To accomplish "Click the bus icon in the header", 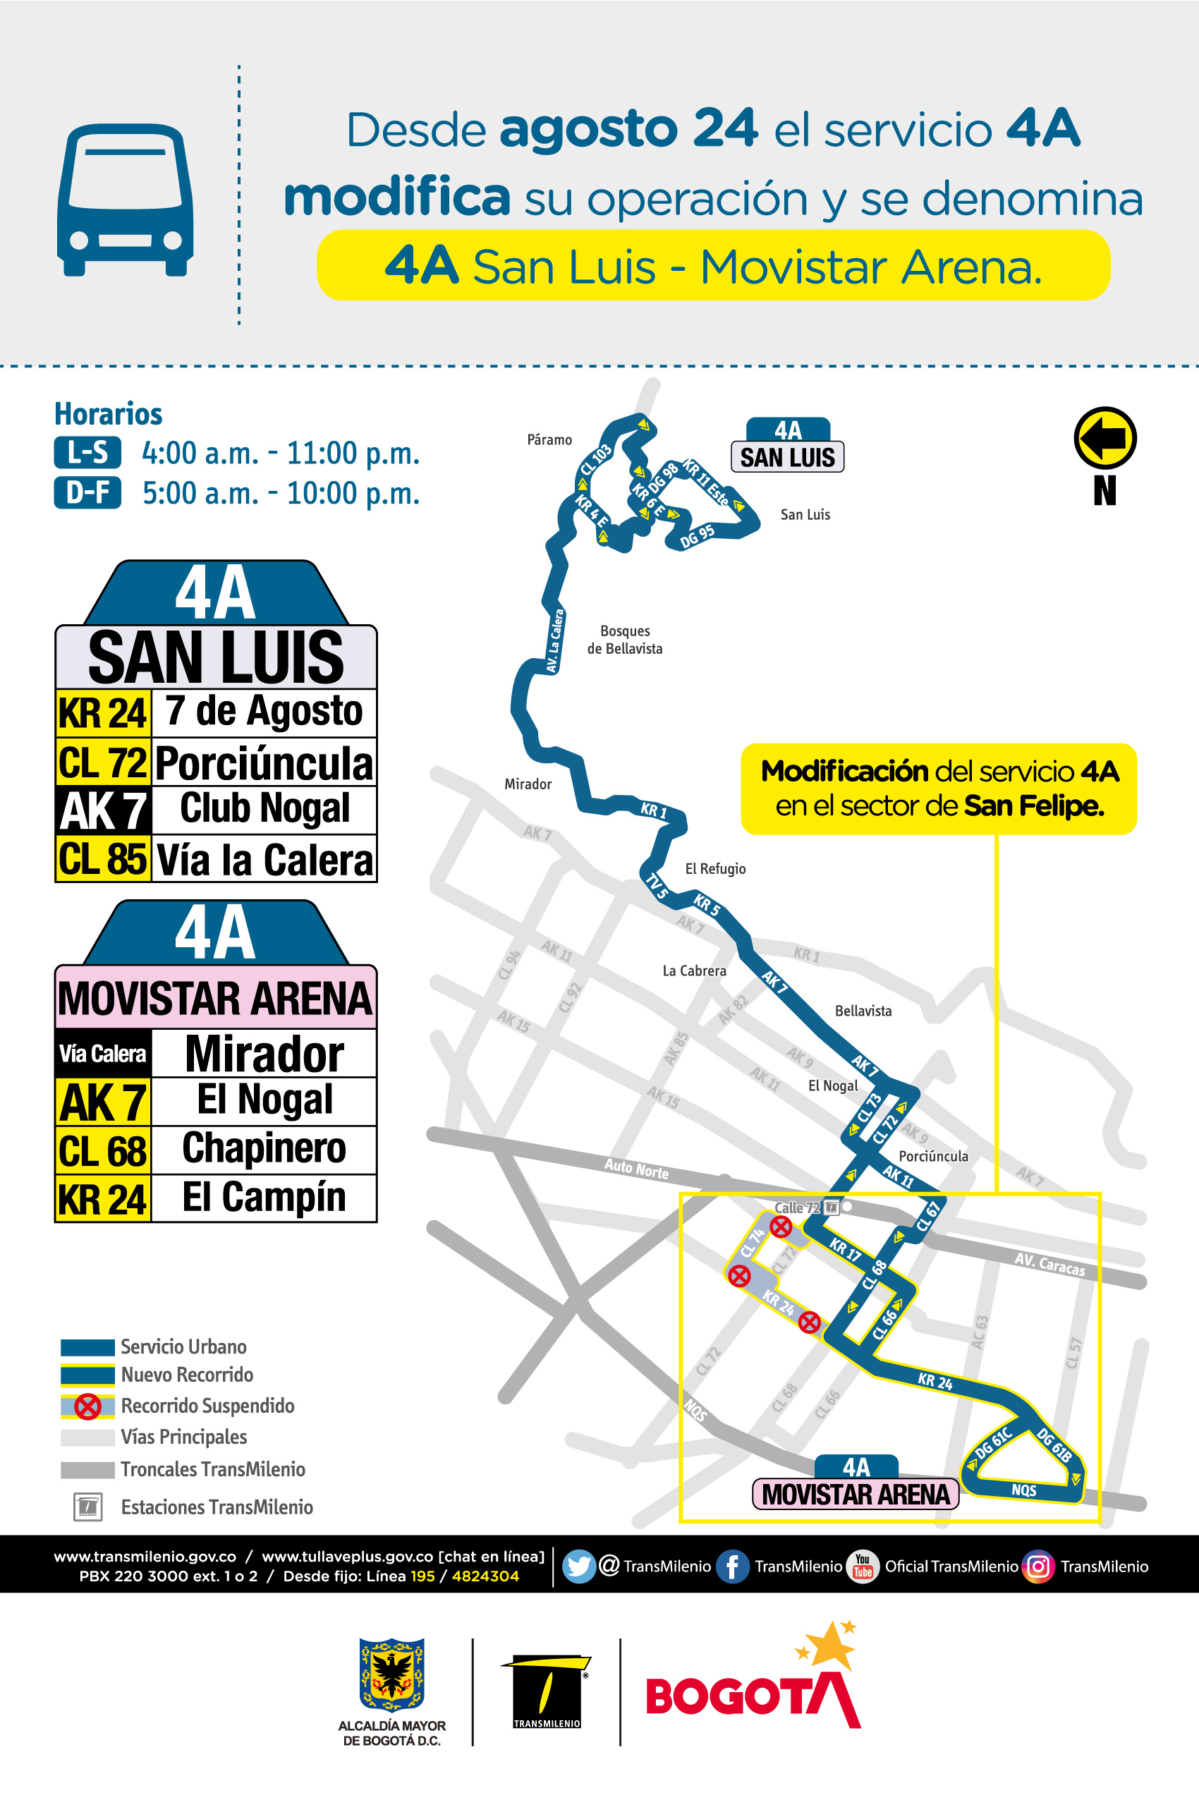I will [125, 200].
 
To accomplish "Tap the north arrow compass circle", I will [1105, 437].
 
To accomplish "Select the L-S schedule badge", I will [87, 452].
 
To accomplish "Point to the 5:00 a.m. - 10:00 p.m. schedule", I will [281, 493].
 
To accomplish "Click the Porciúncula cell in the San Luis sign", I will [264, 762].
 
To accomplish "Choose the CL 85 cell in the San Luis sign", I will [102, 858].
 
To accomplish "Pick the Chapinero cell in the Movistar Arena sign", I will [264, 1148].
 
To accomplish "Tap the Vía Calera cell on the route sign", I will [102, 1054].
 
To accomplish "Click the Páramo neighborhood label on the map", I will [549, 439].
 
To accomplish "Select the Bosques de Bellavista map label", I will [625, 639].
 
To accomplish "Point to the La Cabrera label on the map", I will [693, 971].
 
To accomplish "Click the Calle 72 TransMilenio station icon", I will [832, 1208].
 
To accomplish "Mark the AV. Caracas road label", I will [1049, 1265].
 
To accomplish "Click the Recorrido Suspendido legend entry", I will [207, 1406].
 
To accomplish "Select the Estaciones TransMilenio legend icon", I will [88, 1507].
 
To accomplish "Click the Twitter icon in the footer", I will [578, 1566].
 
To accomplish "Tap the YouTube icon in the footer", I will [863, 1566].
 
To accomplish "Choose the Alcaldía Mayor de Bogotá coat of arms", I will [391, 1674].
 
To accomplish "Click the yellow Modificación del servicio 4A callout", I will [938, 789].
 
